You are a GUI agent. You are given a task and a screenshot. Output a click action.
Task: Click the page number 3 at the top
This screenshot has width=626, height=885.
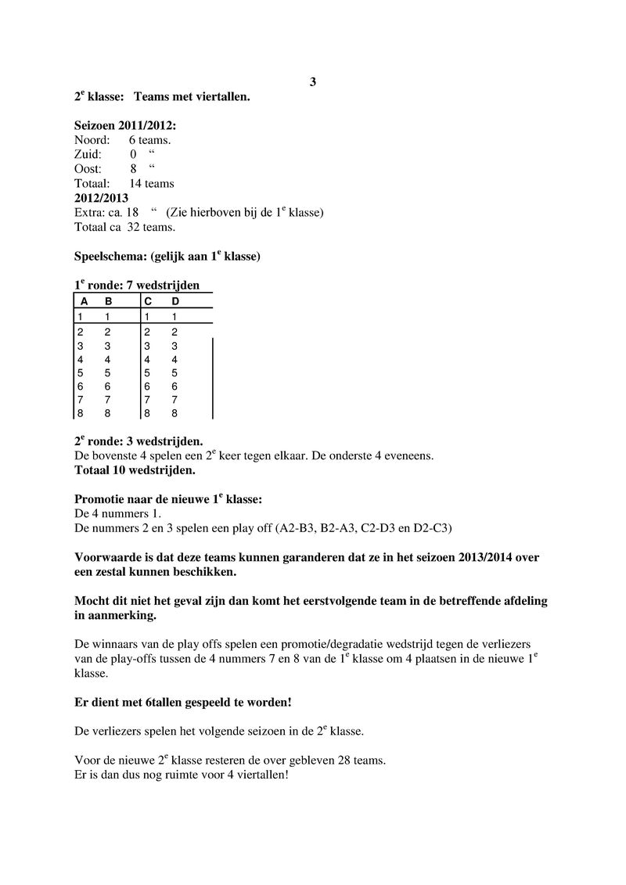click(312, 82)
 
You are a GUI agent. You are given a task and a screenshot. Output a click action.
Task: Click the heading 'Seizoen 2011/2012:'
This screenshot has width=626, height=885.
click(125, 125)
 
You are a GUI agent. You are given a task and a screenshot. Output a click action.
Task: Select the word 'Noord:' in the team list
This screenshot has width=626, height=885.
click(92, 140)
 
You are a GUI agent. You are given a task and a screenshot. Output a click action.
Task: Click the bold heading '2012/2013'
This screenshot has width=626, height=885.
click(101, 198)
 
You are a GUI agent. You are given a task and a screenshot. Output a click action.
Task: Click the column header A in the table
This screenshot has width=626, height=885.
click(84, 301)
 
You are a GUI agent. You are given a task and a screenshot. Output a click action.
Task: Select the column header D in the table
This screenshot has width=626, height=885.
click(175, 301)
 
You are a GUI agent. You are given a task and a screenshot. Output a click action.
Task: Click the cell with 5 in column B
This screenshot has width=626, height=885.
click(108, 373)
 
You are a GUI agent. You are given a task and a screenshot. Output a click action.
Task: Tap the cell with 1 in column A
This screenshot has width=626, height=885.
click(80, 317)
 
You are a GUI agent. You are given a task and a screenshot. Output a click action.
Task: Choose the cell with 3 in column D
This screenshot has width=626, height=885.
click(174, 346)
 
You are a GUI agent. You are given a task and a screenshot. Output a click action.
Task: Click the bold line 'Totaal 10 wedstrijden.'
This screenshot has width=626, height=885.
click(135, 471)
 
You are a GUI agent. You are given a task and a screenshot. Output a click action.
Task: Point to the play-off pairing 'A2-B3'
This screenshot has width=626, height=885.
click(295, 528)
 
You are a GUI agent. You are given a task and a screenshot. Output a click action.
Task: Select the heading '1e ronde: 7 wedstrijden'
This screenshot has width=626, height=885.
click(131, 286)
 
